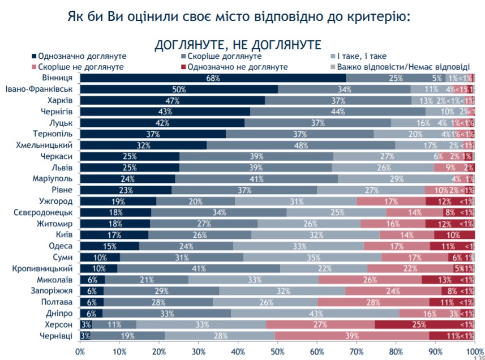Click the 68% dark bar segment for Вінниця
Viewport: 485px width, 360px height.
pos(213,78)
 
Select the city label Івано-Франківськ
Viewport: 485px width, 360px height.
pos(39,89)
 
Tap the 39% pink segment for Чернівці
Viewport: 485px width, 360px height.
pos(353,336)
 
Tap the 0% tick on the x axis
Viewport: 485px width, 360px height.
pos(80,352)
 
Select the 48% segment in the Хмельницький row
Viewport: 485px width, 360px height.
pos(301,145)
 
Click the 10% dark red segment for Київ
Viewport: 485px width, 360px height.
pos(454,235)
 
